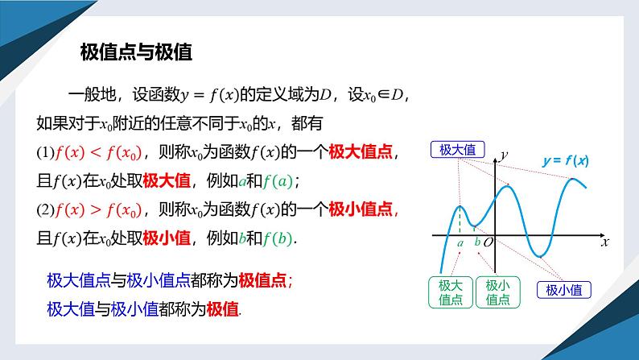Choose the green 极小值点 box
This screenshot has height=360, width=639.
499,292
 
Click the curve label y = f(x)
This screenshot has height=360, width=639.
566,161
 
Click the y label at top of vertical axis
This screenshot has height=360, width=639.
504,153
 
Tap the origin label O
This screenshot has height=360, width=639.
488,242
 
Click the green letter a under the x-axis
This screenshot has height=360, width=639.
460,242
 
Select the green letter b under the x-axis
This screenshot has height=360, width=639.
476,242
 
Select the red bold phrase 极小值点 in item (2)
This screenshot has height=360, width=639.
362,209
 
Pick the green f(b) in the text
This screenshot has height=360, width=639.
278,238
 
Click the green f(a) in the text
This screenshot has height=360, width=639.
278,180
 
